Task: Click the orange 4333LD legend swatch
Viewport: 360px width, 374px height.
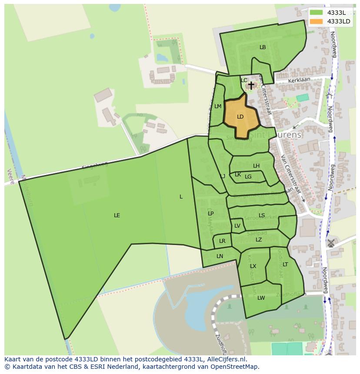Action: [317, 21]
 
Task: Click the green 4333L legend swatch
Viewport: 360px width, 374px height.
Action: [317, 13]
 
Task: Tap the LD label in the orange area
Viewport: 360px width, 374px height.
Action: [240, 117]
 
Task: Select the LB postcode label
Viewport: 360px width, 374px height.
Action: [263, 47]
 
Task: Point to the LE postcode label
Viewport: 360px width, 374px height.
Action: [117, 215]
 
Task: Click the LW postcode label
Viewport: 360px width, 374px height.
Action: [261, 298]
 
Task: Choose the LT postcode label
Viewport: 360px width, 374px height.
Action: [285, 265]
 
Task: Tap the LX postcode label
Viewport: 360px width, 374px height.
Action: [253, 266]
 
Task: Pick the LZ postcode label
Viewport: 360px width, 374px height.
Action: [259, 240]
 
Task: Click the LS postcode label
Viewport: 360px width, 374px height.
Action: [262, 215]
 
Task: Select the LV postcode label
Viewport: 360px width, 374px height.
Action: [237, 226]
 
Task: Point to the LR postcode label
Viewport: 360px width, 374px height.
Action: [222, 241]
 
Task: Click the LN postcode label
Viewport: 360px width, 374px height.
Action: [220, 256]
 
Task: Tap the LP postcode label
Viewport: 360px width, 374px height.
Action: [210, 214]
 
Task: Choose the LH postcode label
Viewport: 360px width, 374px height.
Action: [256, 166]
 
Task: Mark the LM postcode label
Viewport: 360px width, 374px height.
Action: [218, 106]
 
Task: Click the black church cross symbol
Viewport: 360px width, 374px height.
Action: [251, 85]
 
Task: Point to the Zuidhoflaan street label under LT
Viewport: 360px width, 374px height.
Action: [294, 295]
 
